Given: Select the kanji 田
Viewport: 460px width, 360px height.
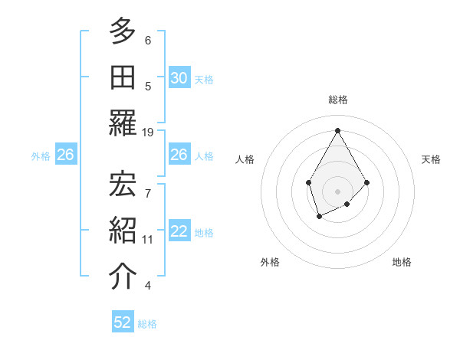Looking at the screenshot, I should point(123,77).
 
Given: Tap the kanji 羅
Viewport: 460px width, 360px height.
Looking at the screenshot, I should point(123,124).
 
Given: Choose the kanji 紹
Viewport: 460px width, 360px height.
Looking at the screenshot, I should point(123,230).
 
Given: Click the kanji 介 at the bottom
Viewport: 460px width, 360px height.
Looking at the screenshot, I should point(123,277).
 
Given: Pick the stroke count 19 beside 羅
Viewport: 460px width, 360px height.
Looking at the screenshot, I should point(148,132).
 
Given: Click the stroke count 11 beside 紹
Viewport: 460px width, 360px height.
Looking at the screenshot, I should point(148,239).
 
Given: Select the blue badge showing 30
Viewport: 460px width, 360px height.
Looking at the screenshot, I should point(179,78).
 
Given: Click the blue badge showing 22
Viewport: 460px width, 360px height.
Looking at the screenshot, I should point(179,232).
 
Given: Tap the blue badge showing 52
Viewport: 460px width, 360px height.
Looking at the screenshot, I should point(123,322).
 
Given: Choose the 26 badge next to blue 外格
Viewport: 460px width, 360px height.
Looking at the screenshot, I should point(65,155).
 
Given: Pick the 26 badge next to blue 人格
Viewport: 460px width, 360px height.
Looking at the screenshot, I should point(179,155).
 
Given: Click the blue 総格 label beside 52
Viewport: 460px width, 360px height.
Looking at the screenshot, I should point(147,324).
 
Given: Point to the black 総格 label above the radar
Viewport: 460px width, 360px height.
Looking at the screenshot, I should point(338,100).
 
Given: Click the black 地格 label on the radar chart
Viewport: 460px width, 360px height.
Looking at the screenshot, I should point(402,262).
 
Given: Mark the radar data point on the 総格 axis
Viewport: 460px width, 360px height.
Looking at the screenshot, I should point(337,130).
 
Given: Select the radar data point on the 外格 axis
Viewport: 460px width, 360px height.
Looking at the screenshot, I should point(319,218).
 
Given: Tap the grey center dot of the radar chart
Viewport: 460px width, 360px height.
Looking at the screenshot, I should point(337,191).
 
